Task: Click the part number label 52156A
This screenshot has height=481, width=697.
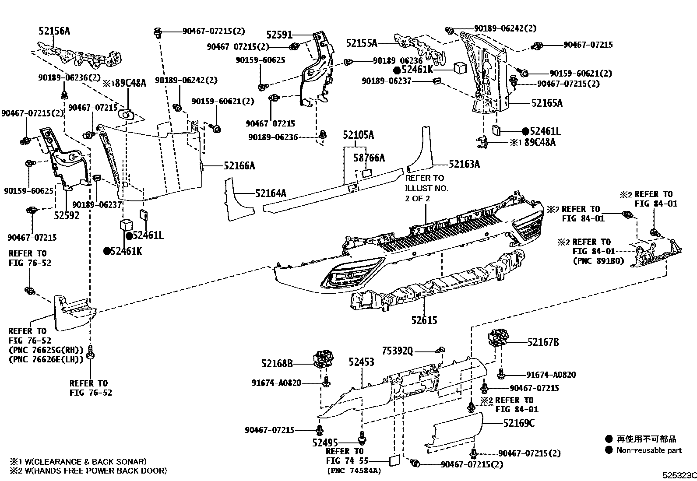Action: (54, 31)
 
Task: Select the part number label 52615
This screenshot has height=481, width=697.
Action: (424, 321)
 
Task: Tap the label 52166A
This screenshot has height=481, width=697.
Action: (239, 165)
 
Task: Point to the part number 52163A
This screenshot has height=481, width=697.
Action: (464, 164)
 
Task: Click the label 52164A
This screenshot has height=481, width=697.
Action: (271, 193)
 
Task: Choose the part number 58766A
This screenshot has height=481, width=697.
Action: (369, 158)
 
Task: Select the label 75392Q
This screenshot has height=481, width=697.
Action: (397, 351)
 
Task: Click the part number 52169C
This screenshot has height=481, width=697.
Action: (519, 423)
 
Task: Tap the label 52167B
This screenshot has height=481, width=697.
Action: (543, 342)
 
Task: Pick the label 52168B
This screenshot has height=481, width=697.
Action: (277, 363)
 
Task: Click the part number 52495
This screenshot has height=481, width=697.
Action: (325, 442)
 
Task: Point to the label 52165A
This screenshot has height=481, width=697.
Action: (547, 103)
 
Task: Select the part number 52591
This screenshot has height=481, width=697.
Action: (278, 35)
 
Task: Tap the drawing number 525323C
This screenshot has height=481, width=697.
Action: (678, 474)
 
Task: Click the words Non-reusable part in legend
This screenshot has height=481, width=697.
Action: (649, 450)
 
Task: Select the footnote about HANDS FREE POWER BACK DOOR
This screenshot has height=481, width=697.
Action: (88, 471)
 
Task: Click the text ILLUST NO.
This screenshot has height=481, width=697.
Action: (426, 188)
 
